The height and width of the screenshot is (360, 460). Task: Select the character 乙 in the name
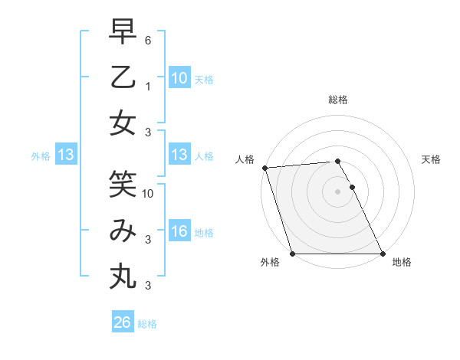123,78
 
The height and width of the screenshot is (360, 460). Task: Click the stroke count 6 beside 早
149,39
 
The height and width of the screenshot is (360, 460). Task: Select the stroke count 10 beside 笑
149,194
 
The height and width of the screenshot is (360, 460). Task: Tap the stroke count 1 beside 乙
149,87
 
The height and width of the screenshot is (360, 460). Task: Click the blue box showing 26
123,322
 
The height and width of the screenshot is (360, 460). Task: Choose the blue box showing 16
179,232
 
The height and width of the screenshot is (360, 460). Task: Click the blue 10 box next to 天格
179,78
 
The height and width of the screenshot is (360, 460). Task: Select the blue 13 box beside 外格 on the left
66,155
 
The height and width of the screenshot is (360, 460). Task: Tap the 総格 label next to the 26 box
147,324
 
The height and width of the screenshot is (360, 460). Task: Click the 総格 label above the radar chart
337,100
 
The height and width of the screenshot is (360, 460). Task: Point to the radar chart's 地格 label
402,263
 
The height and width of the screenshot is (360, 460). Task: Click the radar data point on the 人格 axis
264,168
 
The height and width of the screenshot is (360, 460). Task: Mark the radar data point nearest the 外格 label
293,254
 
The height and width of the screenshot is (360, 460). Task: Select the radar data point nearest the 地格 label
382,254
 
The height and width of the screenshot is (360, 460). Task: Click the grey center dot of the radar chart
337,191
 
